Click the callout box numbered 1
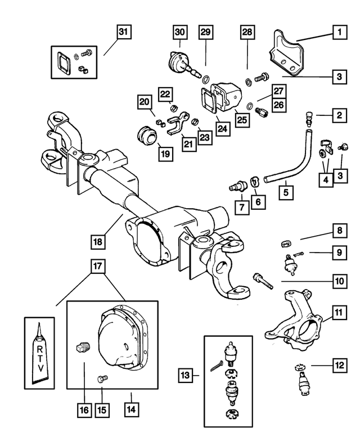339,33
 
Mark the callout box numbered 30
179,33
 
